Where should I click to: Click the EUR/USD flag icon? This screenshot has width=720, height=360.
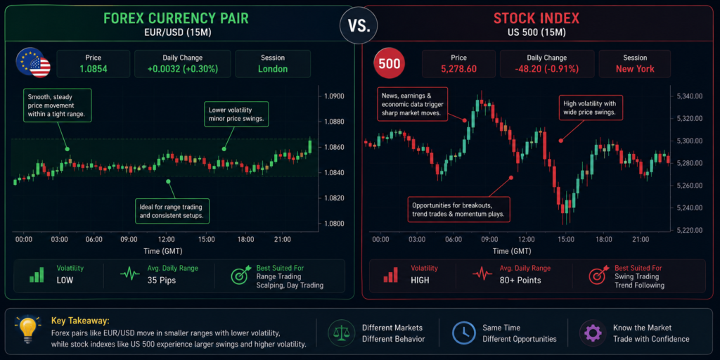pyautogui.click(x=33, y=63)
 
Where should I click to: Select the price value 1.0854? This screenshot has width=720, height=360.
pyautogui.click(x=94, y=70)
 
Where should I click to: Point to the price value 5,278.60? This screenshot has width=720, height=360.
pyautogui.click(x=458, y=70)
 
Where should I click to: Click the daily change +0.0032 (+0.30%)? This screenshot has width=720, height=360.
pyautogui.click(x=183, y=70)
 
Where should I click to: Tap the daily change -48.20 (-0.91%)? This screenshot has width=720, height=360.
pyautogui.click(x=547, y=70)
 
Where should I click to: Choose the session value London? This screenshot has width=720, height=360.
pyautogui.click(x=273, y=70)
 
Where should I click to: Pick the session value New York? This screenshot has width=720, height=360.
pyautogui.click(x=635, y=70)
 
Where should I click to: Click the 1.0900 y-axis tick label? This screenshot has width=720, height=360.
pyautogui.click(x=334, y=96)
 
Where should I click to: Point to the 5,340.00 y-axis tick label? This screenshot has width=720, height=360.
pyautogui.click(x=690, y=96)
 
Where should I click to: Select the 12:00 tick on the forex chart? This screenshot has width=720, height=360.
pyautogui.click(x=166, y=239)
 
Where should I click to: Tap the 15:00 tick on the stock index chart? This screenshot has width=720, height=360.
pyautogui.click(x=566, y=239)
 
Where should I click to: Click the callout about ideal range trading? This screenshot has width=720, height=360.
pyautogui.click(x=172, y=211)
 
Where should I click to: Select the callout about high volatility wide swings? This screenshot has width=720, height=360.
pyautogui.click(x=590, y=108)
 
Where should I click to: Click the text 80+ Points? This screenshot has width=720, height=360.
pyautogui.click(x=521, y=280)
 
